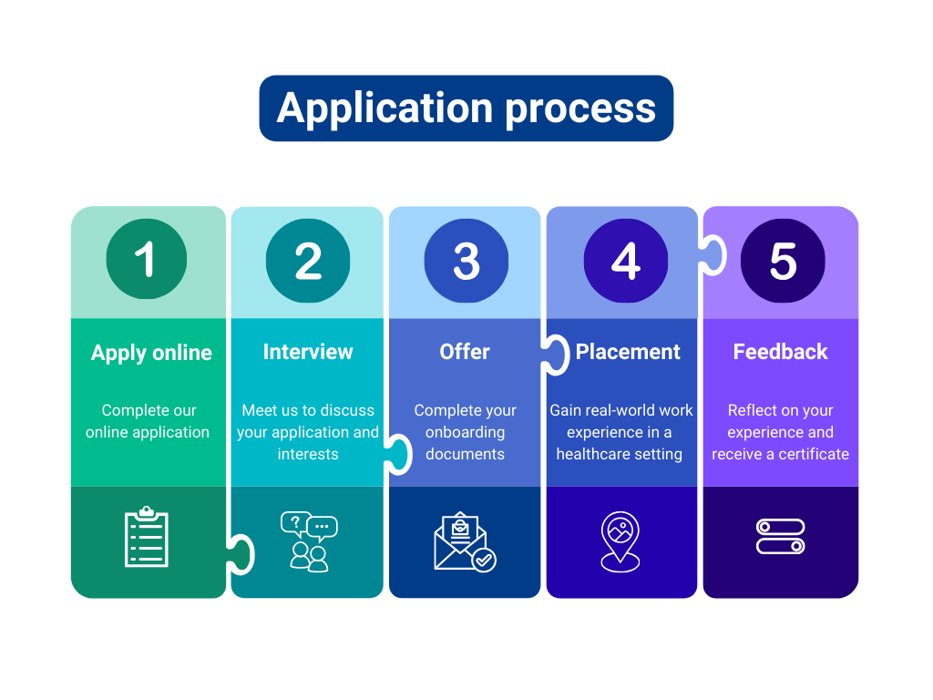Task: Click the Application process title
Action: tap(466, 108)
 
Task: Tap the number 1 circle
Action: tap(146, 260)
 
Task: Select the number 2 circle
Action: tap(308, 261)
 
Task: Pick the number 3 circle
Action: tap(466, 261)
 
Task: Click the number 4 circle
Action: tap(625, 261)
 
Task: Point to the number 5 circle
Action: tap(783, 261)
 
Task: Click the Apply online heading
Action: tap(151, 353)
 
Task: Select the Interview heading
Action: tap(308, 352)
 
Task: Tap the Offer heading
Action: tap(465, 352)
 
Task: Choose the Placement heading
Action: tap(628, 352)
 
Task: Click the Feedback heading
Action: tap(781, 352)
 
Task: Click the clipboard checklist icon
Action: tap(147, 538)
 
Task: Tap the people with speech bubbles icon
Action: tap(309, 541)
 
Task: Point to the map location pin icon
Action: tap(620, 541)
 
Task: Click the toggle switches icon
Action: tap(781, 537)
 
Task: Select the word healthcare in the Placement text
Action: tap(594, 454)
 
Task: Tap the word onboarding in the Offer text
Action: tap(465, 432)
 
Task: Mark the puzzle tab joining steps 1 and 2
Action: tap(241, 554)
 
